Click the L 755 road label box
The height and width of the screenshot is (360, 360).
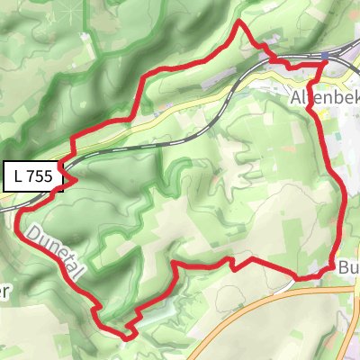(x=35, y=177)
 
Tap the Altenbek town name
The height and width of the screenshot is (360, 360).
(x=324, y=96)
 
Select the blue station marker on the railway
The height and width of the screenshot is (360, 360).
(x=323, y=58)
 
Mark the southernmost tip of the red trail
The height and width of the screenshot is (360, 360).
(x=126, y=337)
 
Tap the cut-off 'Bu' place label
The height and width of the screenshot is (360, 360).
(x=349, y=267)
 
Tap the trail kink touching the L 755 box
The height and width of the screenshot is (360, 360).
(x=70, y=179)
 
